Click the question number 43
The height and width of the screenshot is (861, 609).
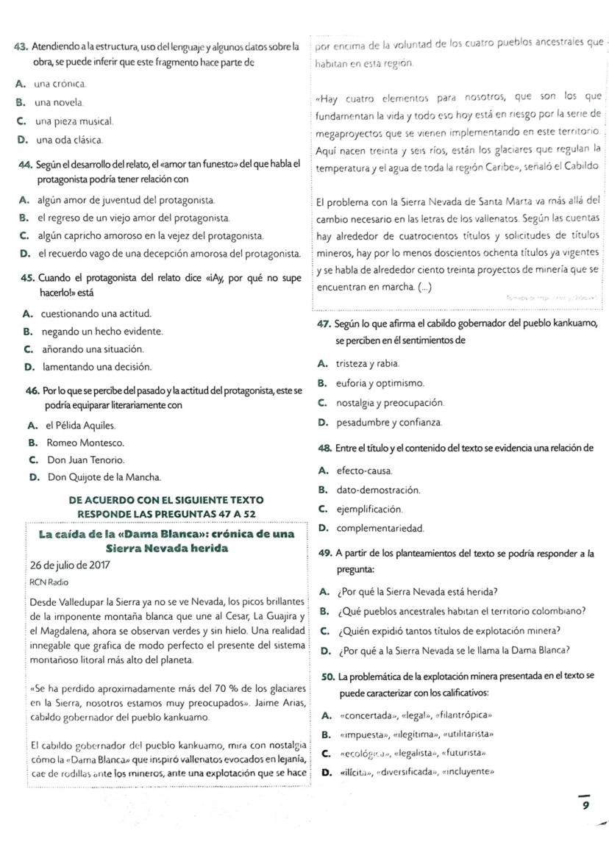[x=21, y=48]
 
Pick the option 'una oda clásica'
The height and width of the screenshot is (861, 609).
[x=70, y=139]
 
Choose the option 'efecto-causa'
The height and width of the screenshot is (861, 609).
[x=364, y=470]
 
